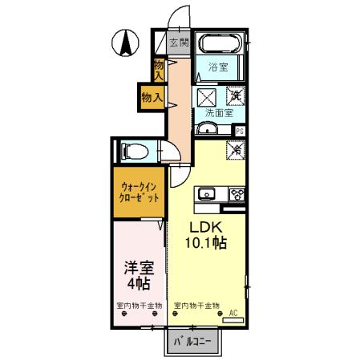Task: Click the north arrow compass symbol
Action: [125, 43]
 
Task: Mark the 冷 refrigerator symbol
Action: [237, 148]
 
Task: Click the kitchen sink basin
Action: [208, 193]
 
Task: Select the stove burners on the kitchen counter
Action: [237, 193]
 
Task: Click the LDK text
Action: [204, 227]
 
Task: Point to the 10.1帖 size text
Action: [205, 243]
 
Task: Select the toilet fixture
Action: [133, 150]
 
